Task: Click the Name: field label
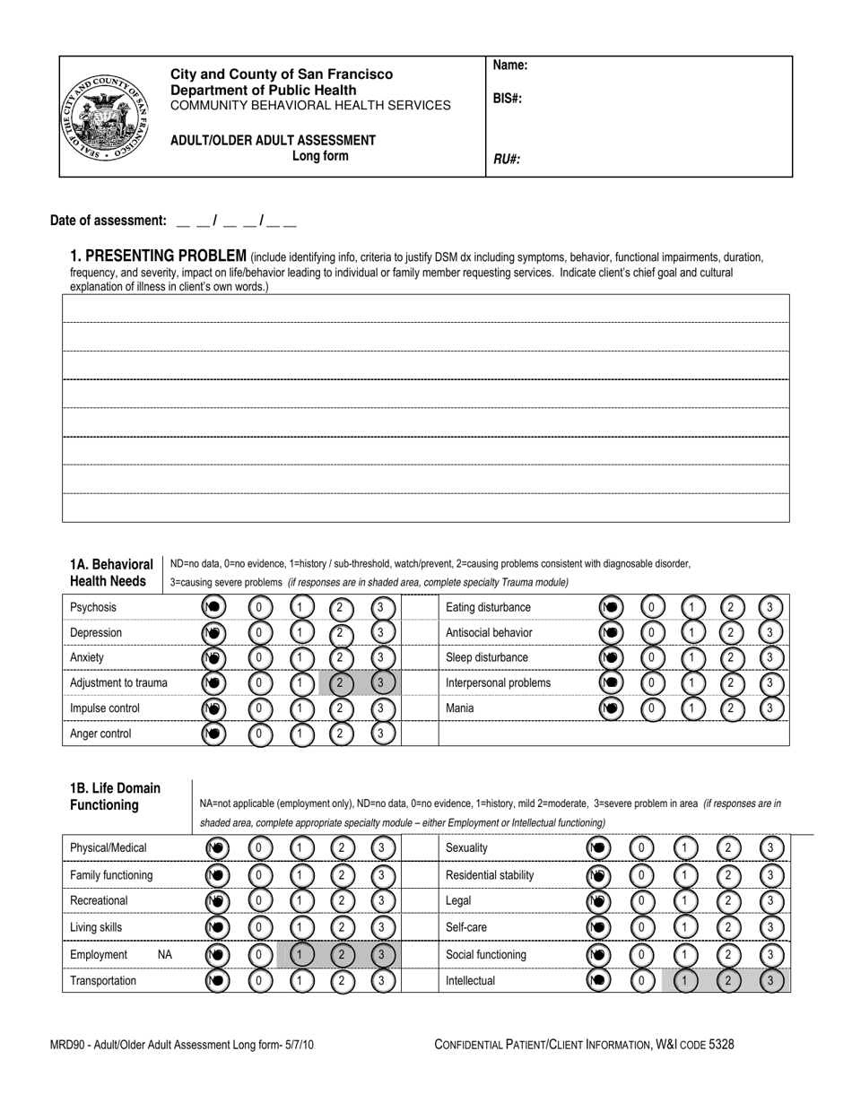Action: pyautogui.click(x=510, y=65)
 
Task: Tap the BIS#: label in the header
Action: pyautogui.click(x=508, y=99)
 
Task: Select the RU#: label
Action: pyautogui.click(x=507, y=160)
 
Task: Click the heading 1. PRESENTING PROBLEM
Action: pyautogui.click(x=159, y=256)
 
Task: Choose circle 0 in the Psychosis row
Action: pyautogui.click(x=259, y=608)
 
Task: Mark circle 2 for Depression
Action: pyautogui.click(x=340, y=633)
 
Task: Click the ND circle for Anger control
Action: pyautogui.click(x=213, y=734)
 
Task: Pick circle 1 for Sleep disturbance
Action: pyautogui.click(x=691, y=658)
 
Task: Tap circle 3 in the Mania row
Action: pyautogui.click(x=770, y=708)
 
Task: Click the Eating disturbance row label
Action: pyautogui.click(x=488, y=608)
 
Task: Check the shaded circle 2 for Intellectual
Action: pyautogui.click(x=727, y=981)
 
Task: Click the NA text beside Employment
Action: pyautogui.click(x=165, y=955)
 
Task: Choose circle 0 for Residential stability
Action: pyautogui.click(x=640, y=875)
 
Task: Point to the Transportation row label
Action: pyautogui.click(x=103, y=981)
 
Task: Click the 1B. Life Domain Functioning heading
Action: pyautogui.click(x=115, y=796)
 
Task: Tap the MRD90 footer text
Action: pyautogui.click(x=182, y=1045)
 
